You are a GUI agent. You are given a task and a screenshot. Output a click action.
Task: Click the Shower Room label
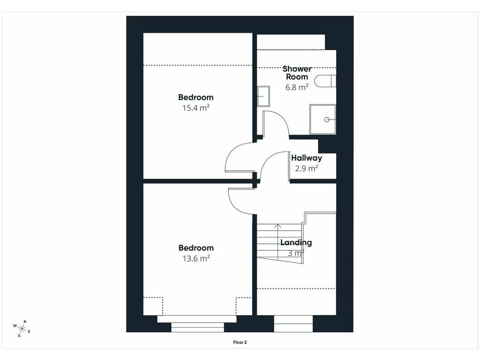coord(297,73)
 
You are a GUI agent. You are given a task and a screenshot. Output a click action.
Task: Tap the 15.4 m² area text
coord(196,108)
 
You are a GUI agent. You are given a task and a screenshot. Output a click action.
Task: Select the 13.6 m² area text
coord(196,258)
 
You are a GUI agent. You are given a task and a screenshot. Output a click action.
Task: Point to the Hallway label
coord(307,158)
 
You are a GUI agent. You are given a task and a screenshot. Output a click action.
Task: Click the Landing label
coord(296,242)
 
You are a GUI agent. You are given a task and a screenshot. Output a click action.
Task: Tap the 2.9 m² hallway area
coord(307,168)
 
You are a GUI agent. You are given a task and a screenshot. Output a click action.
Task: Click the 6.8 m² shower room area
coord(297,87)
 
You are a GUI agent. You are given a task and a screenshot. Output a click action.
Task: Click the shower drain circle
coord(327,120)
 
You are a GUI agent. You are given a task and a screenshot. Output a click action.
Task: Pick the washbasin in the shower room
coord(263,96)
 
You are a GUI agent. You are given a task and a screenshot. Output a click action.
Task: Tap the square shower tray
coord(322,120)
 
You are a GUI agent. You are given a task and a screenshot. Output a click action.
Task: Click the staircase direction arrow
coord(277,242)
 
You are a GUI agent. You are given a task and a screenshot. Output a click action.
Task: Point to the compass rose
coord(22,329)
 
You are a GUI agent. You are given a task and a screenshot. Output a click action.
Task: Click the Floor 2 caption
coord(240,342)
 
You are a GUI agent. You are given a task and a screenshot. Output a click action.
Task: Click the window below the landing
coord(293,324)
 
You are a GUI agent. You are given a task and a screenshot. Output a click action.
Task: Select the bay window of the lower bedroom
coord(197,323)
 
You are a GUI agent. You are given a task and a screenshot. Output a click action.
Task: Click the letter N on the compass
coord(25,322)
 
